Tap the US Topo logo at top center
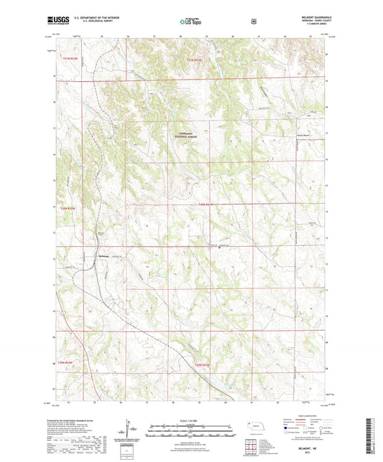(x=190, y=22)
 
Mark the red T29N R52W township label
(x=67, y=364)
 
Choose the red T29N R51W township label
(x=203, y=364)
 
